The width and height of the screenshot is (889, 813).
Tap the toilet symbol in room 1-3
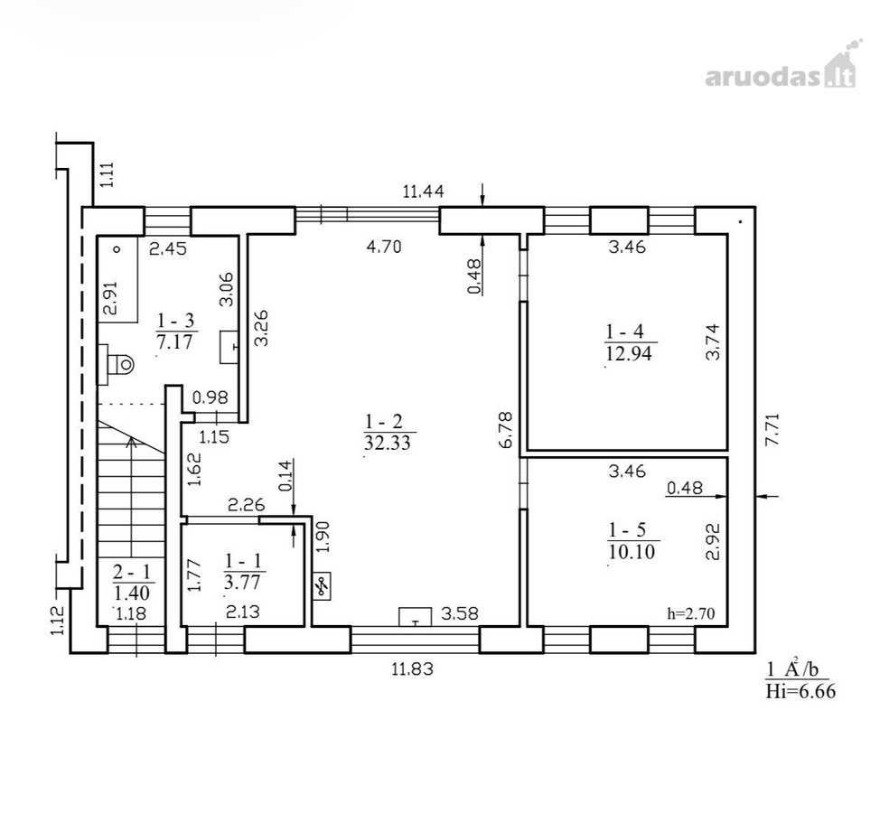pos(117,363)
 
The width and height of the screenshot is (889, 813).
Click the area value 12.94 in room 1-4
pos(629,354)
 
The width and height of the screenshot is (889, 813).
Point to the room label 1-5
pos(626,530)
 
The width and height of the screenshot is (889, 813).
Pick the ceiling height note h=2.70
pos(691,613)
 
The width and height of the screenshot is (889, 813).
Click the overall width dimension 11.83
pos(412,669)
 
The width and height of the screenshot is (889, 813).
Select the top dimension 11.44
pos(424,192)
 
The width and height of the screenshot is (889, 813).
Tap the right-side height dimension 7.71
pos(772,430)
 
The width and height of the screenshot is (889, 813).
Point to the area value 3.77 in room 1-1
pos(244,583)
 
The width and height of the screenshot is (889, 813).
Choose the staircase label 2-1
pos(132,573)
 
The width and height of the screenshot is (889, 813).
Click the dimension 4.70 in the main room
pos(384,247)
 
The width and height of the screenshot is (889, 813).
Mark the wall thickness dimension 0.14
pos(285,475)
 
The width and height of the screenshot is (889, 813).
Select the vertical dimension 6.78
pos(505,430)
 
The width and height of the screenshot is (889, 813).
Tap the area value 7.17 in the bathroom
pos(175,342)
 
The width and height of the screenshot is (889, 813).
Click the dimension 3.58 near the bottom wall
pos(460,612)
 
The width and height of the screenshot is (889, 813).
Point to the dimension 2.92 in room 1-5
pos(712,541)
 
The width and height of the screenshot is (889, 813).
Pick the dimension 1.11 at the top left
pos(108,174)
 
